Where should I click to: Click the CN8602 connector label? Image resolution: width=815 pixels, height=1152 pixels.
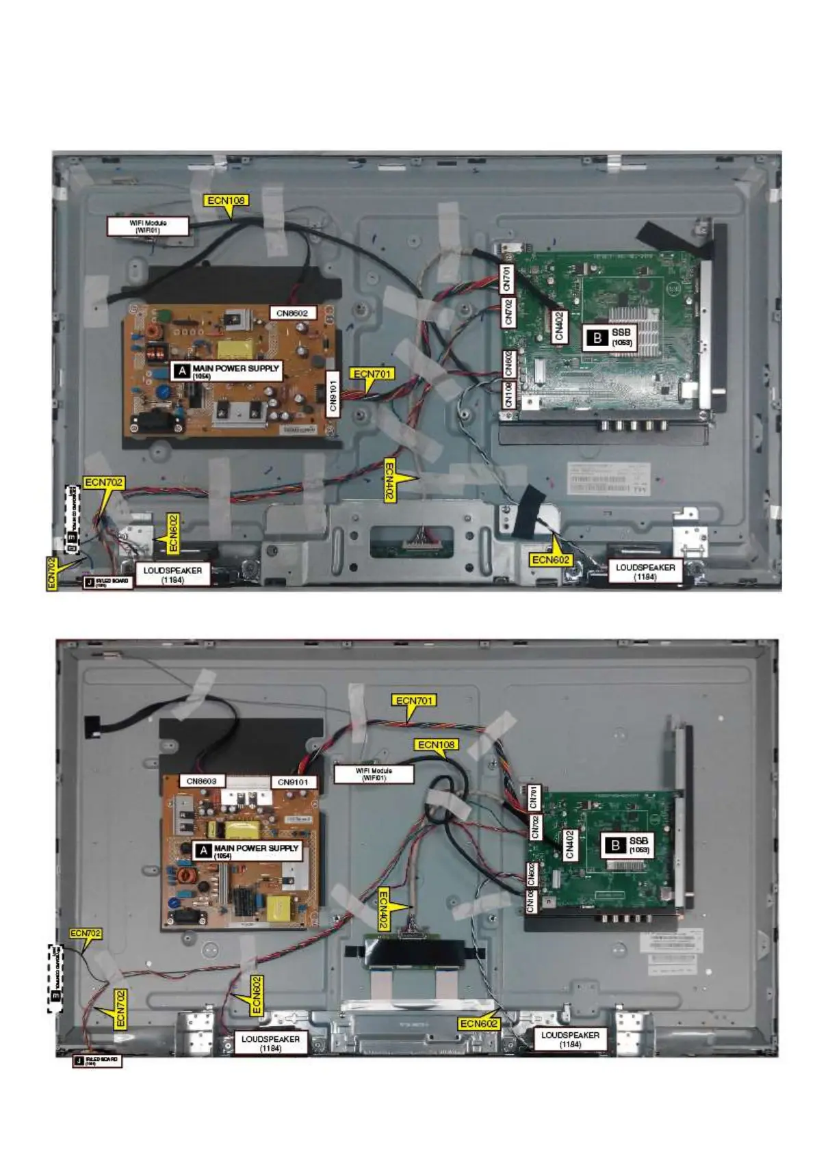pos(292,313)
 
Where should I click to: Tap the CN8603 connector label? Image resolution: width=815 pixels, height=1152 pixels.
pos(201,781)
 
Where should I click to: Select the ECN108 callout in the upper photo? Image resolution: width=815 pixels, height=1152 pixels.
pos(227,200)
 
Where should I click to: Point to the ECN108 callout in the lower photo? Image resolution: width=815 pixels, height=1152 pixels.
pos(437,744)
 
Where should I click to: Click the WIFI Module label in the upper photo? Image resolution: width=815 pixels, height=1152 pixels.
pos(148,226)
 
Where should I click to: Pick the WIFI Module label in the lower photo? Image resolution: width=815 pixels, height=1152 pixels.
pos(374,774)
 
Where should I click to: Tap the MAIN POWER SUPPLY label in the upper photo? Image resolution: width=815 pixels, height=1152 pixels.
pos(235,370)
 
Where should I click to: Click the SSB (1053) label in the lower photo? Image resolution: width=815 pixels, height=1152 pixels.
pos(638,845)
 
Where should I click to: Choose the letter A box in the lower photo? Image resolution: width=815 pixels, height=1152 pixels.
pos(203,850)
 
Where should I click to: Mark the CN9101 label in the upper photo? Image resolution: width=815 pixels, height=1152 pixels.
pos(333,393)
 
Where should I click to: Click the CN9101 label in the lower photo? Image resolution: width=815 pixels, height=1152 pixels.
pos(293,782)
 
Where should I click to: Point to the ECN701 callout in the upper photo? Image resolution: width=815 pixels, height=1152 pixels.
pos(373,374)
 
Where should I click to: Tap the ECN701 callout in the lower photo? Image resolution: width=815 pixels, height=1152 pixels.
pos(415,701)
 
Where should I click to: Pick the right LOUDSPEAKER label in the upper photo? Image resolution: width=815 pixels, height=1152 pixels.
pos(645,572)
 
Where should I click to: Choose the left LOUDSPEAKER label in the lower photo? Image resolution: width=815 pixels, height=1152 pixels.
pos(270,1043)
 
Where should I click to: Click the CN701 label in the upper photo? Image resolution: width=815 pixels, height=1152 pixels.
pos(507,278)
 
